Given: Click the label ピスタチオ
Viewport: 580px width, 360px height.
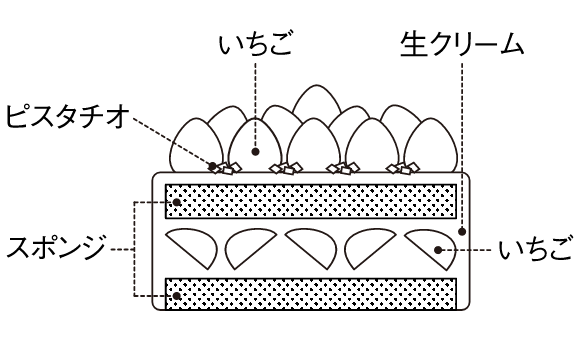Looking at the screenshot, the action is click(68, 117).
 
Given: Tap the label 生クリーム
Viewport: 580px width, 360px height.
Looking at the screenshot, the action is click(462, 45).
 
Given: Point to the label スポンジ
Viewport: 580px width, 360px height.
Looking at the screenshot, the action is click(56, 247).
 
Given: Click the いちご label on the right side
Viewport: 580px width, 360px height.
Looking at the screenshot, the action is click(535, 250).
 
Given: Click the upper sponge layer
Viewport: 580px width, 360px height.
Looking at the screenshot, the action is click(311, 201).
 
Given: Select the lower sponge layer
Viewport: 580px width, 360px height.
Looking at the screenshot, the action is click(311, 294).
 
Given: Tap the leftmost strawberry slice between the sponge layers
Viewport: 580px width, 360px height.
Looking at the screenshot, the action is click(192, 248).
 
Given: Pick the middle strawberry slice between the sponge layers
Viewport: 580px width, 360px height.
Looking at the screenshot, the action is click(311, 248).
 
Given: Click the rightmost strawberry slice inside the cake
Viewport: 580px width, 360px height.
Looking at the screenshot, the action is click(431, 248).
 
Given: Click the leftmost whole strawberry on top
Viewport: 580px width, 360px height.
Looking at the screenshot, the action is click(196, 145).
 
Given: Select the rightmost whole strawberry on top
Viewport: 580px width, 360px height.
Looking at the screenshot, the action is click(431, 145).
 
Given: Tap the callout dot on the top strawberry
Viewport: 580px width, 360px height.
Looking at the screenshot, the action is click(255, 151).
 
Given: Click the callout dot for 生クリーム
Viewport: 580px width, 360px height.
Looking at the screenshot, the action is click(462, 232).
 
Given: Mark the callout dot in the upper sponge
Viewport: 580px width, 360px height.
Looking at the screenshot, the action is click(177, 202).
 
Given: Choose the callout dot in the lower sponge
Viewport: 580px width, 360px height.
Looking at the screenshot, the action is click(177, 296).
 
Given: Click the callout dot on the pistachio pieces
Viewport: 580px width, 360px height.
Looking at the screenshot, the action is click(212, 166).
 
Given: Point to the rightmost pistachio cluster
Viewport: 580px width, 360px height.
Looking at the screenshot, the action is click(403, 168).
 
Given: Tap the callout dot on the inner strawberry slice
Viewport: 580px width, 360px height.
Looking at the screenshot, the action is click(438, 250).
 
